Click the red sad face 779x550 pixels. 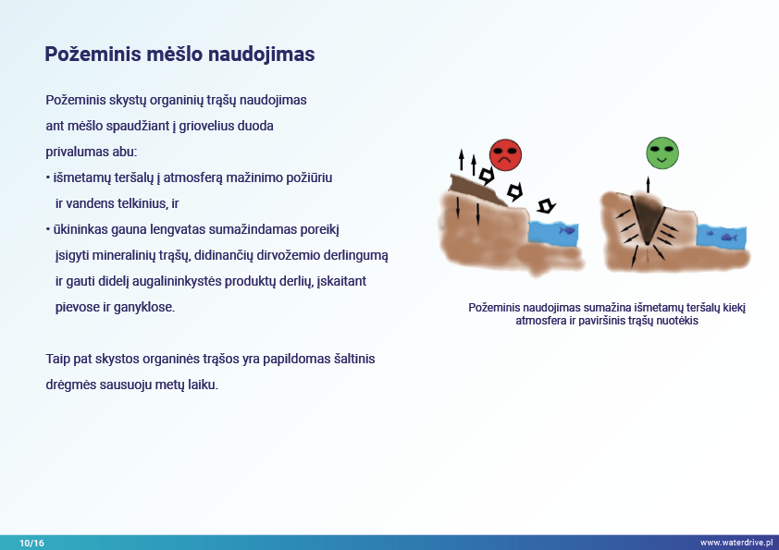click(x=505, y=155)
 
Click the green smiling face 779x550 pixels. click(x=662, y=153)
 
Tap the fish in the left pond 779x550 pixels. click(x=567, y=230)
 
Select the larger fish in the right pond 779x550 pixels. click(x=729, y=238)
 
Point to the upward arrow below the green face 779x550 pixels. click(x=648, y=185)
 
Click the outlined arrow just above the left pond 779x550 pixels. click(x=547, y=205)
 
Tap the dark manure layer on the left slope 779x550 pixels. click(x=476, y=189)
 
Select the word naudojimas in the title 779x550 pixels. click(x=261, y=55)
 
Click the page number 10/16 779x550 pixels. click(x=31, y=543)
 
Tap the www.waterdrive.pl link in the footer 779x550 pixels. click(x=736, y=543)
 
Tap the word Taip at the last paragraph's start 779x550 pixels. click(x=57, y=359)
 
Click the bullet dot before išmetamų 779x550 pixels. click(x=48, y=177)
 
